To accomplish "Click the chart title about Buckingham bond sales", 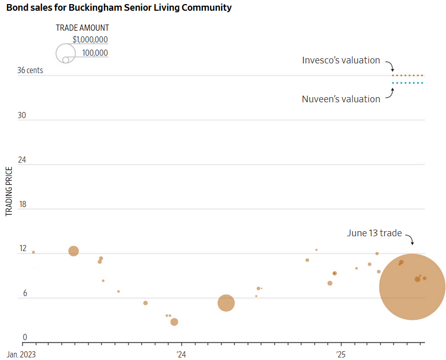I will coord(119,8).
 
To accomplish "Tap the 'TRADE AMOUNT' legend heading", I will coord(82,28).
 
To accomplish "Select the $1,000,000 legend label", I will coord(90,40).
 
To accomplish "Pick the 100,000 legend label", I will coord(95,53).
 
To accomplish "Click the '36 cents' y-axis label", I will coord(30,71).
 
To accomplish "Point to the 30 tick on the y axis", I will coord(22,116).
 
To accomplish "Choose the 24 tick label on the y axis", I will coord(22,160).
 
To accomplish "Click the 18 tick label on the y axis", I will coord(22,205).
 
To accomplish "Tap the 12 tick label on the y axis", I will coord(23,249).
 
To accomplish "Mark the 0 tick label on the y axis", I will coord(24,337).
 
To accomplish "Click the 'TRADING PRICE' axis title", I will coord(9,190).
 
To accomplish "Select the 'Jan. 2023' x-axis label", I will coord(21,354).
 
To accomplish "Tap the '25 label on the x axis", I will coord(341,354).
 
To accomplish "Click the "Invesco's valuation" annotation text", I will coord(341,60).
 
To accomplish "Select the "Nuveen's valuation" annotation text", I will coord(341,99).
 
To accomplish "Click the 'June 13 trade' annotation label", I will coord(374,233).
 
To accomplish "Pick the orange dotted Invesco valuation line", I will coord(408,76).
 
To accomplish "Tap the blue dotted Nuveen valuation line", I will coord(408,83).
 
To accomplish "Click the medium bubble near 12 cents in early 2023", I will coord(74,251).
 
